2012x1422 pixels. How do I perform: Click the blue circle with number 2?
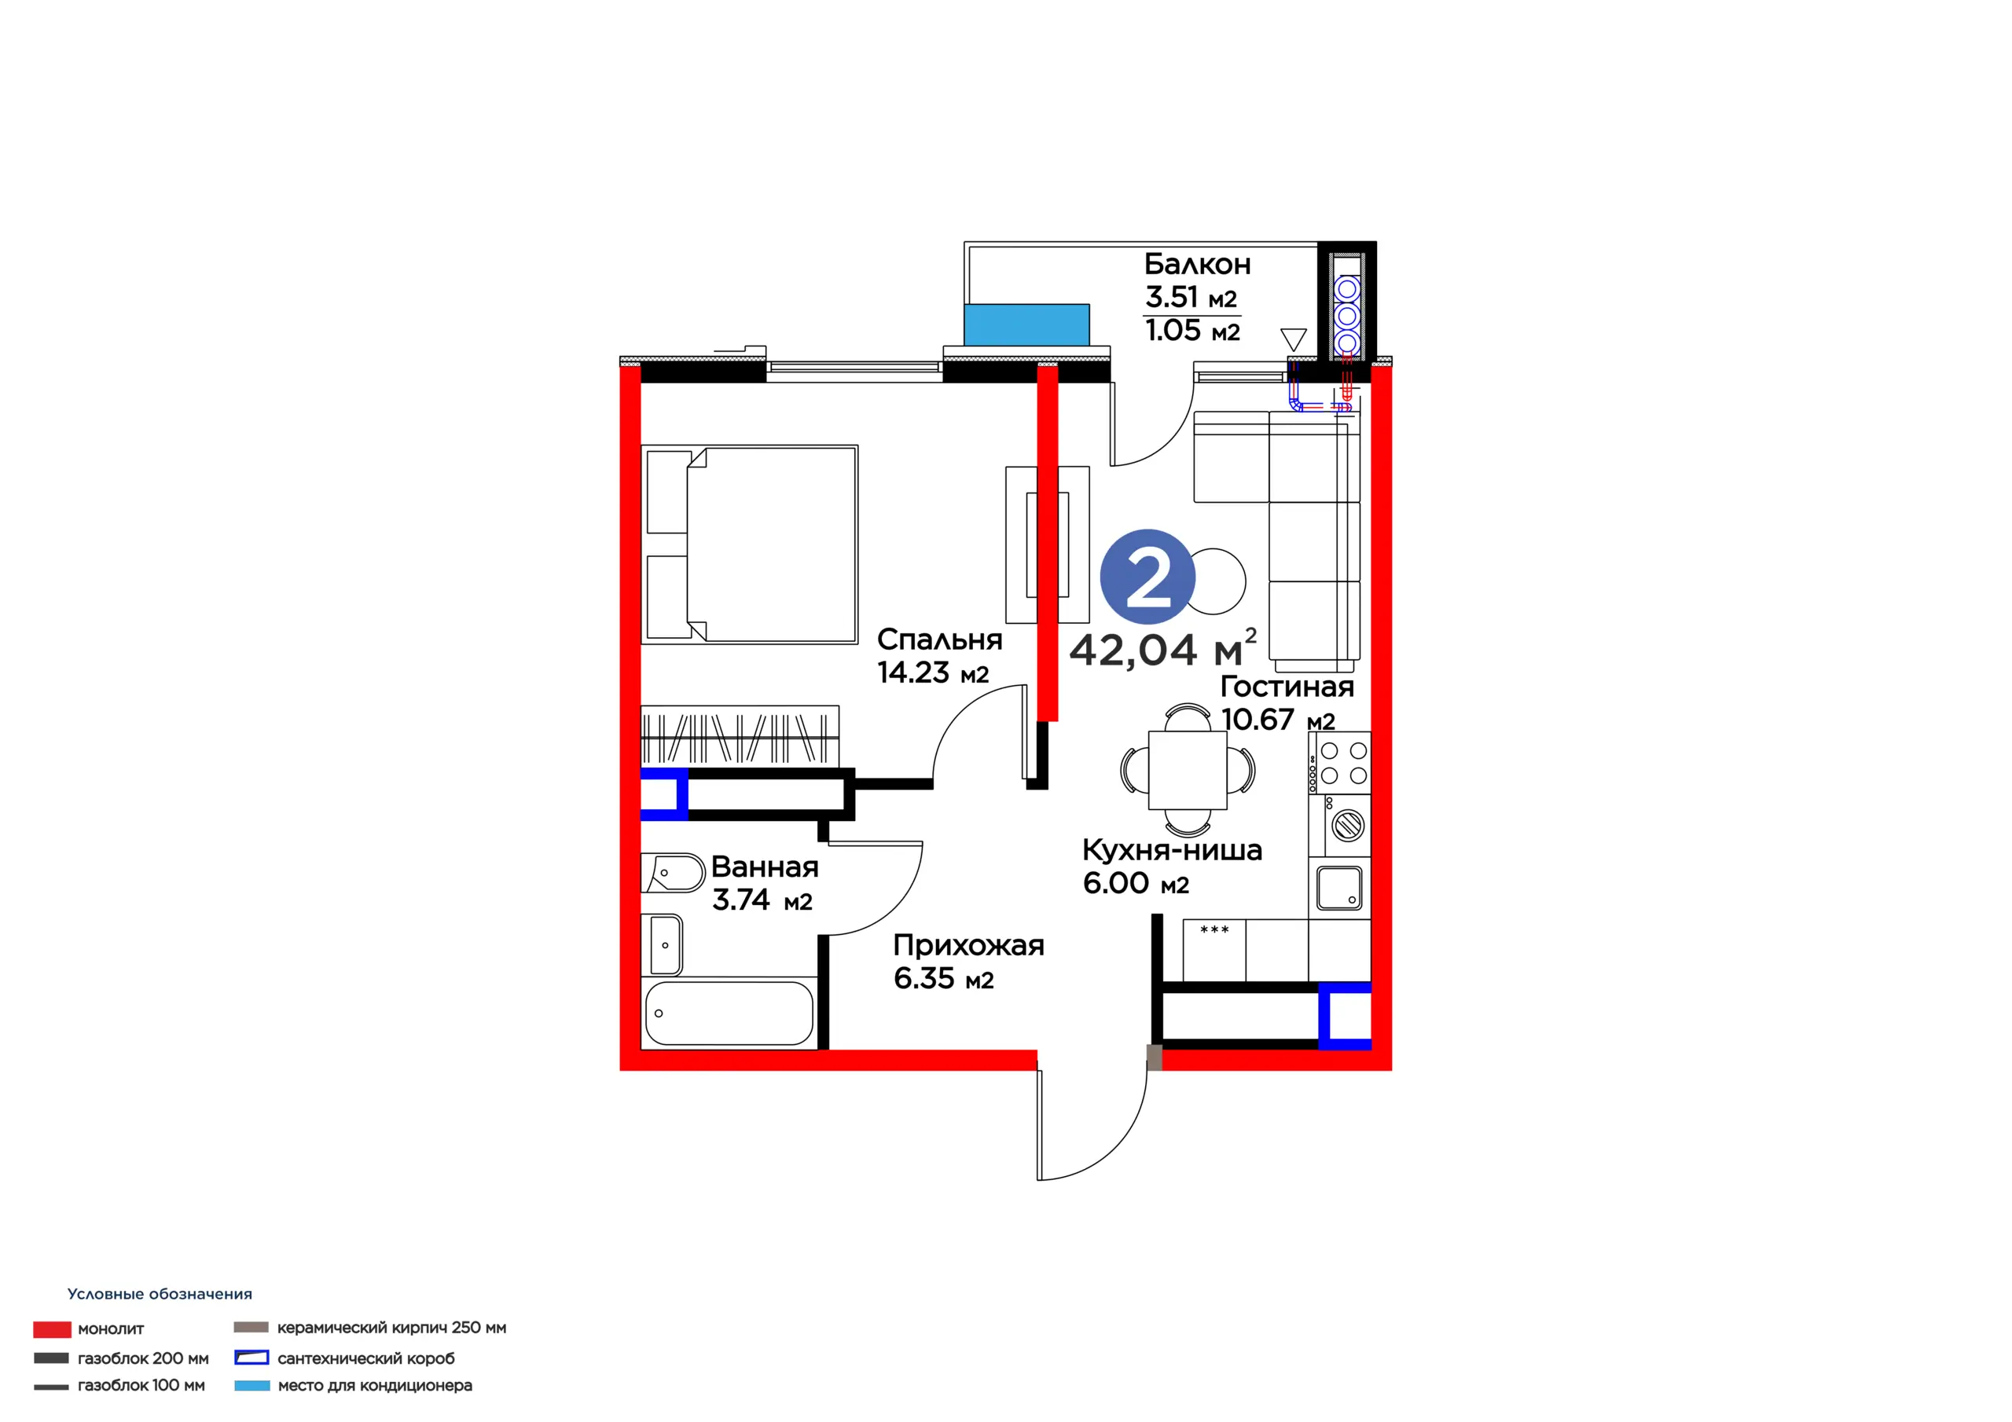coord(1147,577)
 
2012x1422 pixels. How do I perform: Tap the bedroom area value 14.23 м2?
coord(932,673)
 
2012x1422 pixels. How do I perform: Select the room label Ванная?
coord(764,867)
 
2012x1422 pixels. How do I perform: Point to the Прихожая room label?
coord(968,946)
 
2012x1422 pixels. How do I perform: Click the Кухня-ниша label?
coord(1172,850)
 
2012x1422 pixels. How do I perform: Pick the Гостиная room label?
coord(1287,686)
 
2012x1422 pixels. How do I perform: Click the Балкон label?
coord(1197,264)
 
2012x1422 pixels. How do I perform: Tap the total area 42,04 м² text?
coord(1163,648)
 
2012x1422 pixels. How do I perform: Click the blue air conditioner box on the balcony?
coord(1026,324)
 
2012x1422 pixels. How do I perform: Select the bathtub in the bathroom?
coord(729,1013)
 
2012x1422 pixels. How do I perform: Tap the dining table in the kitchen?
coord(1188,771)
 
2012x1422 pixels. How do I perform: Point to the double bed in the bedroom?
coord(750,544)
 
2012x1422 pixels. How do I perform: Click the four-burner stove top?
coord(1340,762)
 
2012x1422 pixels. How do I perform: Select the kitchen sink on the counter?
coord(1340,889)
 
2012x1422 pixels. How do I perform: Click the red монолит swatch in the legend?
coord(52,1329)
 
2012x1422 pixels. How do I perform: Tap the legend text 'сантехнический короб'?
coord(366,1358)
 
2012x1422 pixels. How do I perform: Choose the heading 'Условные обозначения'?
coord(160,1294)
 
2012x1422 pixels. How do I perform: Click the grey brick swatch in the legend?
coord(251,1328)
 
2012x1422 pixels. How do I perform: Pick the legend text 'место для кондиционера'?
coord(375,1385)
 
